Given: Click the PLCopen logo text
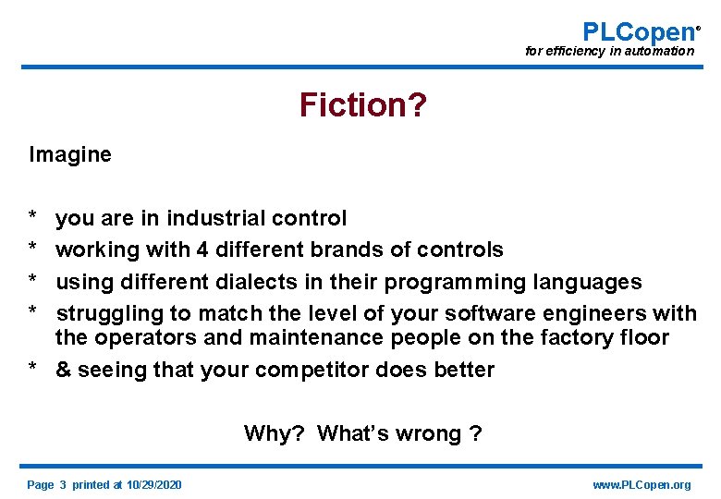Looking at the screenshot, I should click(x=638, y=31).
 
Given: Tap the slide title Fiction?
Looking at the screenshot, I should click(x=362, y=105).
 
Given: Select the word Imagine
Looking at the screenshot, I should click(x=70, y=154).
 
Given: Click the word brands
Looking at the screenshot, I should click(x=354, y=249).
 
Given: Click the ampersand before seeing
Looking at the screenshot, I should click(x=63, y=371).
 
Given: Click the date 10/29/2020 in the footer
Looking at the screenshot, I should click(x=154, y=485).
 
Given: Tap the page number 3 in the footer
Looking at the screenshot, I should click(x=63, y=485).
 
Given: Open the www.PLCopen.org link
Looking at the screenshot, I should click(x=642, y=485).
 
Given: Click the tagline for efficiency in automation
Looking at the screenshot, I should click(x=609, y=51).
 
